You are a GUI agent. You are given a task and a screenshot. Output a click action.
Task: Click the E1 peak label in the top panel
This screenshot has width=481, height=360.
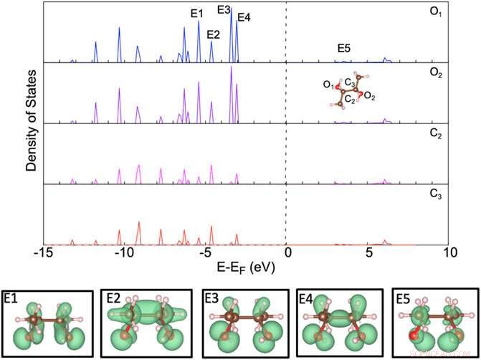[x=196, y=13]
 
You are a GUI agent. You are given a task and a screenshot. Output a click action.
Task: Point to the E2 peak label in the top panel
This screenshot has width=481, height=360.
[x=213, y=34]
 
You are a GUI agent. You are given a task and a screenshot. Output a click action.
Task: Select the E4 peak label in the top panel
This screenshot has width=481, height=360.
[x=244, y=17]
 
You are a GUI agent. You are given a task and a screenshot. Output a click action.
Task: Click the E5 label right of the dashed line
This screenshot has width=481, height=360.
[x=344, y=48]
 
